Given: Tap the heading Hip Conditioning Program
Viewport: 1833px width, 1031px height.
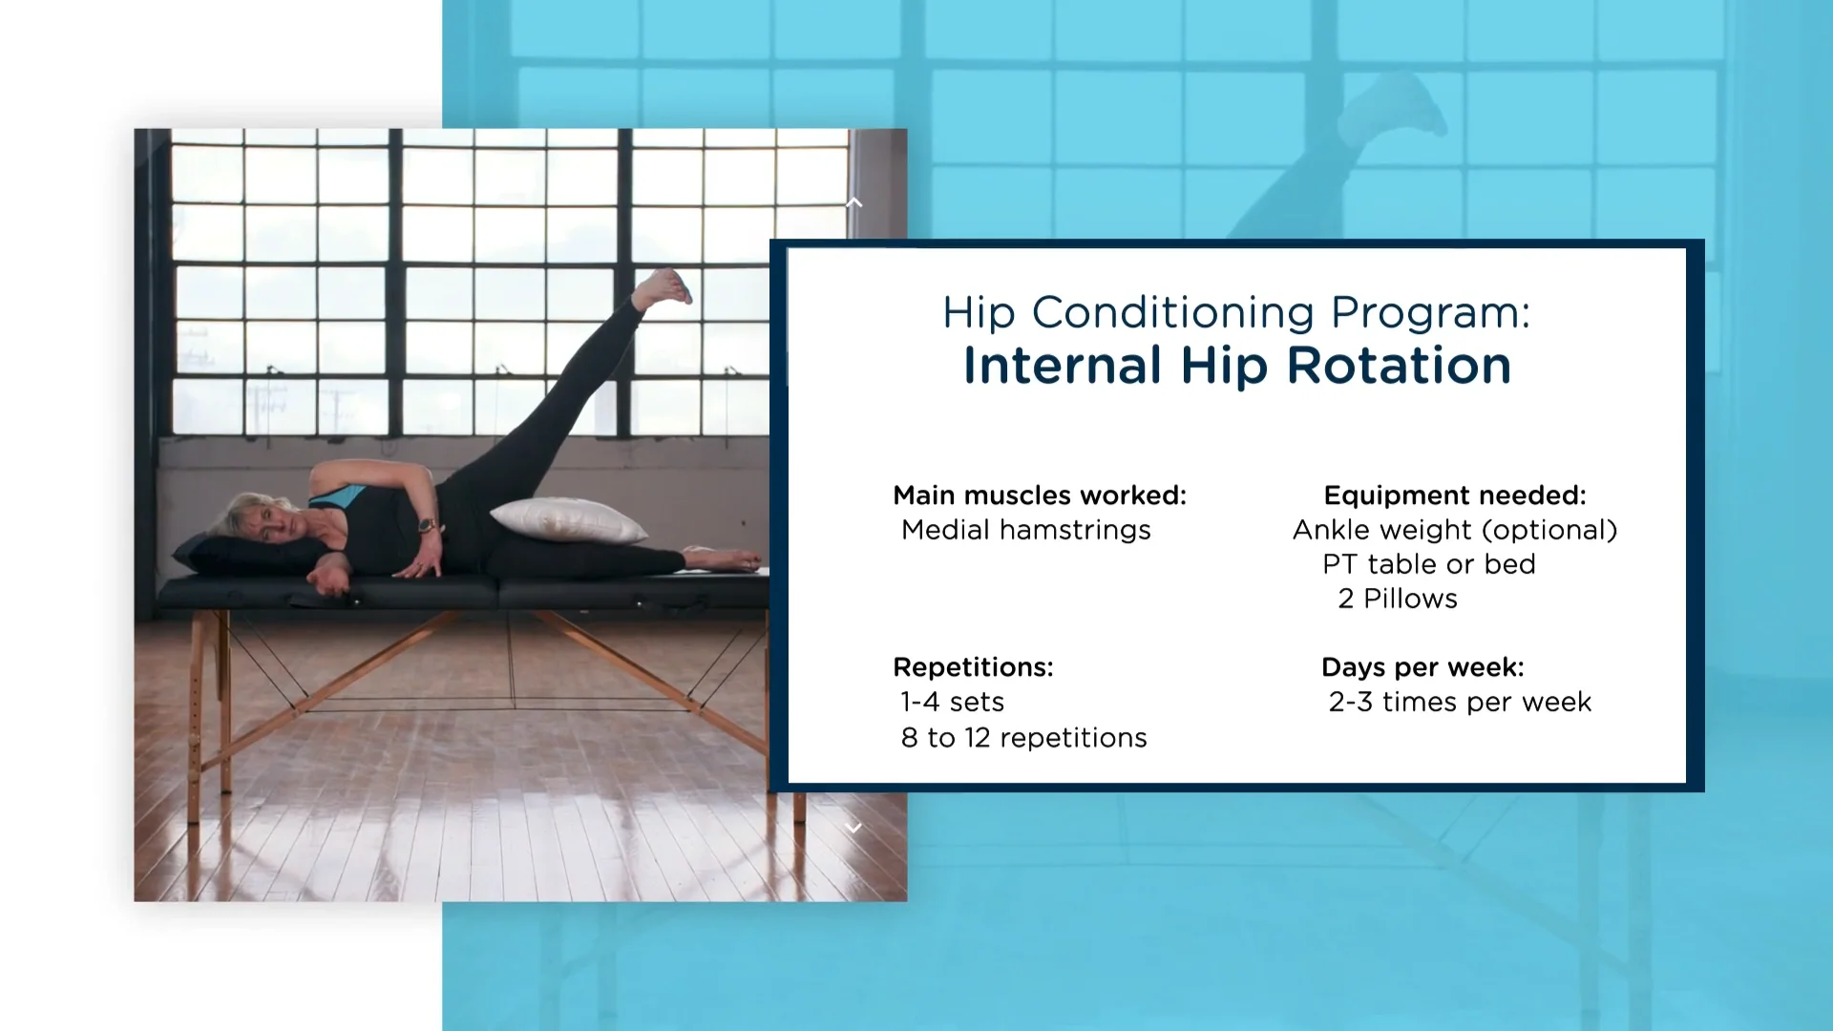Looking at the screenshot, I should pyautogui.click(x=1235, y=313).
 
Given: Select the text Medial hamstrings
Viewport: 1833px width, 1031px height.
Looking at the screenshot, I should pyautogui.click(x=1025, y=530).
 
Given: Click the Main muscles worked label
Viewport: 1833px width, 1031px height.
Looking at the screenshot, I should pyautogui.click(x=1039, y=495).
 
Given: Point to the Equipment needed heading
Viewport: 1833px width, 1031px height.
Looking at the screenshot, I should pyautogui.click(x=1454, y=495).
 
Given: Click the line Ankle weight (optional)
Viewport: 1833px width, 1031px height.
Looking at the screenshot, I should pyautogui.click(x=1454, y=530).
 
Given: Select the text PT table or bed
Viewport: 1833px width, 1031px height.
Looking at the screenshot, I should pyautogui.click(x=1428, y=564).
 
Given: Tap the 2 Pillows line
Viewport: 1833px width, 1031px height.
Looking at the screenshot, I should pyautogui.click(x=1398, y=599).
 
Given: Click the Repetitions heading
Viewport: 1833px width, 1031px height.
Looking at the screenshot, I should pyautogui.click(x=973, y=667).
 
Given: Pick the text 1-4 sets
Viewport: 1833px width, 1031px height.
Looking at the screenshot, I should pyautogui.click(x=952, y=702).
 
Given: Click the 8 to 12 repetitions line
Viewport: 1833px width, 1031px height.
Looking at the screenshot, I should pyautogui.click(x=1023, y=738).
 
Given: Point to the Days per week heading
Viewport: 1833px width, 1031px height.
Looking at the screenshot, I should pyautogui.click(x=1422, y=667).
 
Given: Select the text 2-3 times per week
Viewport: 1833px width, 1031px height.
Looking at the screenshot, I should pyautogui.click(x=1459, y=702).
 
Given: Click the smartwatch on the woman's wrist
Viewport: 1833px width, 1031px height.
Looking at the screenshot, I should pyautogui.click(x=428, y=525).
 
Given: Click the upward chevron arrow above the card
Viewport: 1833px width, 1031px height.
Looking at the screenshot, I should pyautogui.click(x=854, y=202).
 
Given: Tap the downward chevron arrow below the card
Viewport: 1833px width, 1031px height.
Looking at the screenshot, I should pyautogui.click(x=854, y=828).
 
